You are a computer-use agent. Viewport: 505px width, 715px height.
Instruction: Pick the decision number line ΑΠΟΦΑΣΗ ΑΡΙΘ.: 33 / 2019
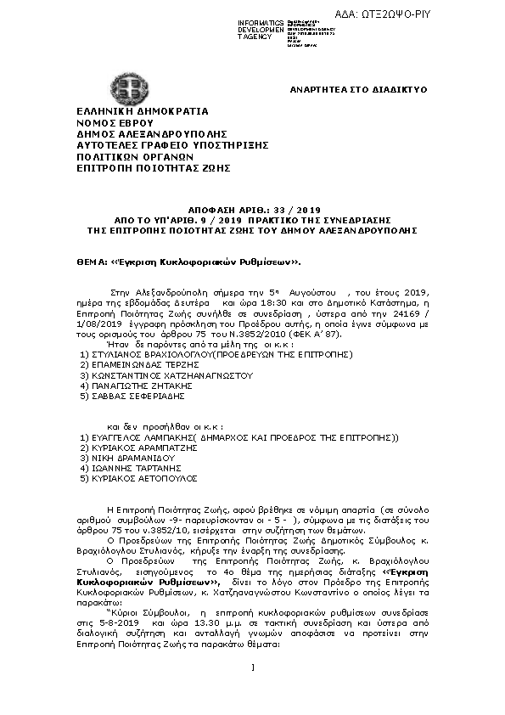click(253, 208)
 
